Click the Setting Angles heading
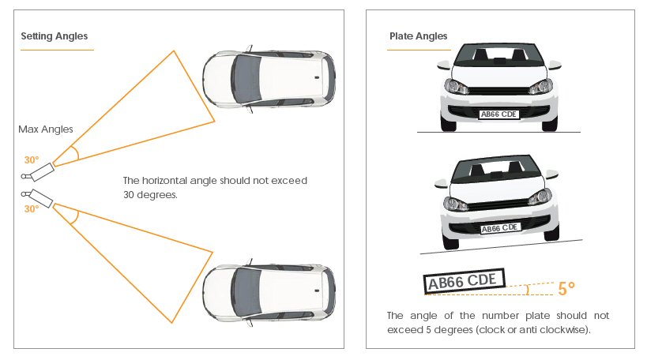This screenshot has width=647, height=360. pos(54,36)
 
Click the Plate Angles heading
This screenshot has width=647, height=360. pos(418,36)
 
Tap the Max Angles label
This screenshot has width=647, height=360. pos(46,129)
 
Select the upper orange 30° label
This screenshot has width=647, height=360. pos(31,159)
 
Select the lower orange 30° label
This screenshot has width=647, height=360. pos(31,209)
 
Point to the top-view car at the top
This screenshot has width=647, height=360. pos(269,79)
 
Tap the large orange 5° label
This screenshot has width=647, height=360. pos(566,289)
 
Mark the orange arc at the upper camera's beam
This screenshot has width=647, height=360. pos(73,152)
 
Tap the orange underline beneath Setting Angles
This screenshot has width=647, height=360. pos(57,51)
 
